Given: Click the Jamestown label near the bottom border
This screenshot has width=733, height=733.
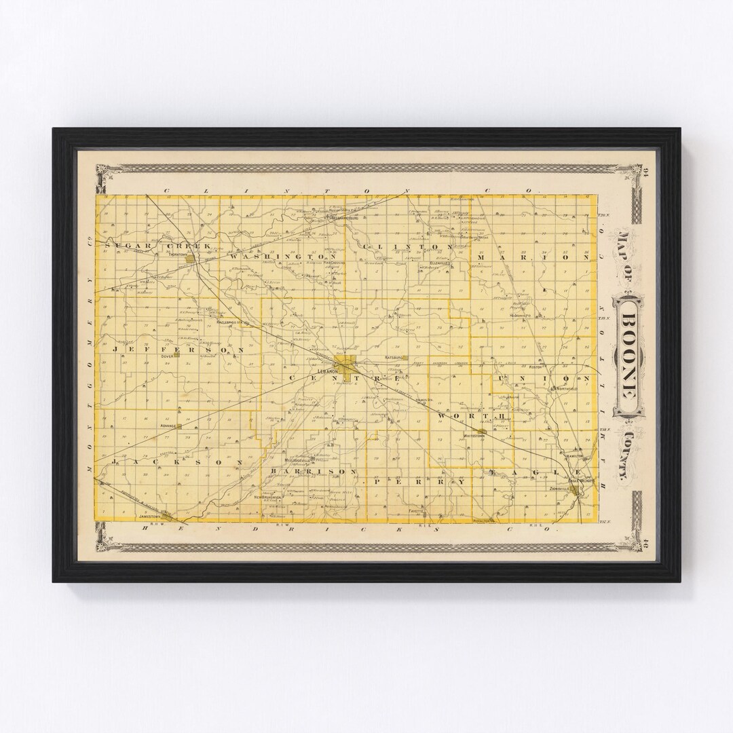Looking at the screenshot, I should [151, 516].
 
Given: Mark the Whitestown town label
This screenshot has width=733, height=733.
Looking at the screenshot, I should [473, 435].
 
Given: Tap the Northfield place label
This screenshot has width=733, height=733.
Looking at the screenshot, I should [567, 389].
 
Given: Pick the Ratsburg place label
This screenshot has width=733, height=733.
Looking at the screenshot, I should [394, 356].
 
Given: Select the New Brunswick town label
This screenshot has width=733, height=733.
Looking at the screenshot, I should [267, 497].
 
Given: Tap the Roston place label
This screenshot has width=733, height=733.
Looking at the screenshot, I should [538, 366].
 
